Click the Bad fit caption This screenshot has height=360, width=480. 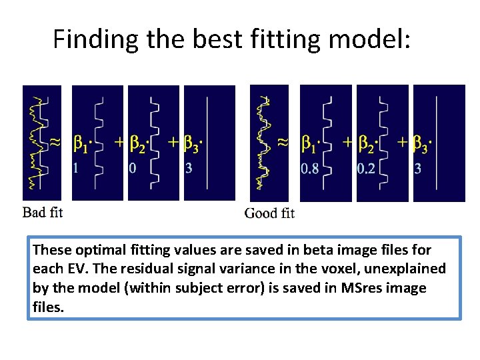point(43,213)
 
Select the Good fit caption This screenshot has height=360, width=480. point(269,213)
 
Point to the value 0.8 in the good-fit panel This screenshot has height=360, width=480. point(309,169)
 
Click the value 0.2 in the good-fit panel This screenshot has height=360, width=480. point(365,169)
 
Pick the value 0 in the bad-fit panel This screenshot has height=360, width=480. point(132,169)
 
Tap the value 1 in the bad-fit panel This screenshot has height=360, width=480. point(75,169)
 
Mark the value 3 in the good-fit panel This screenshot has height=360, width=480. point(418,169)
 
